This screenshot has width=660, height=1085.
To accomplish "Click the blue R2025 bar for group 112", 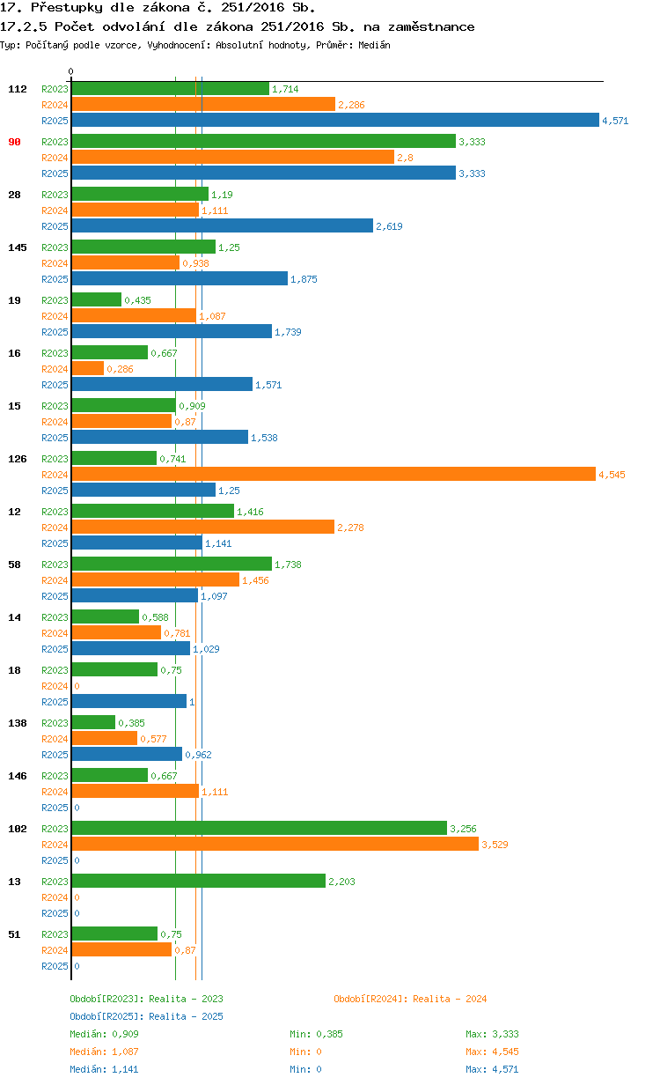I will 335,120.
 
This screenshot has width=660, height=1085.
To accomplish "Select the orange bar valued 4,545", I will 334,474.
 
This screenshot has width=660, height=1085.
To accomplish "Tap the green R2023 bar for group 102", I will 259,828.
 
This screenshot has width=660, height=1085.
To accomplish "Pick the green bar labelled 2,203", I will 198,881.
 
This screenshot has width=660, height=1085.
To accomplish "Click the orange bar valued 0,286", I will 87,368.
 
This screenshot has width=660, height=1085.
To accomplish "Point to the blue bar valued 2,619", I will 222,225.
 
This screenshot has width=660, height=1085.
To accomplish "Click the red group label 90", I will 14,142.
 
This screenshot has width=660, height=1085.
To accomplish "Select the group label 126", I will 18,459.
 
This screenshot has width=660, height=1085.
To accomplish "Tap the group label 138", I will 18,723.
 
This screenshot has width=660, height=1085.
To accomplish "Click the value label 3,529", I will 495,845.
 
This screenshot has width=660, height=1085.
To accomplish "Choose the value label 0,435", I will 137,300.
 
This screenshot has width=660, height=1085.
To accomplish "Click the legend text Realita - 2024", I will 450,999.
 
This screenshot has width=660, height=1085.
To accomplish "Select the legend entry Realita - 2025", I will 186,1016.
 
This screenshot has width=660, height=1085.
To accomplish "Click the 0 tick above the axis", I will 71,72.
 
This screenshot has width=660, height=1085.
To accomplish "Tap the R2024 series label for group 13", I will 55,897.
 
